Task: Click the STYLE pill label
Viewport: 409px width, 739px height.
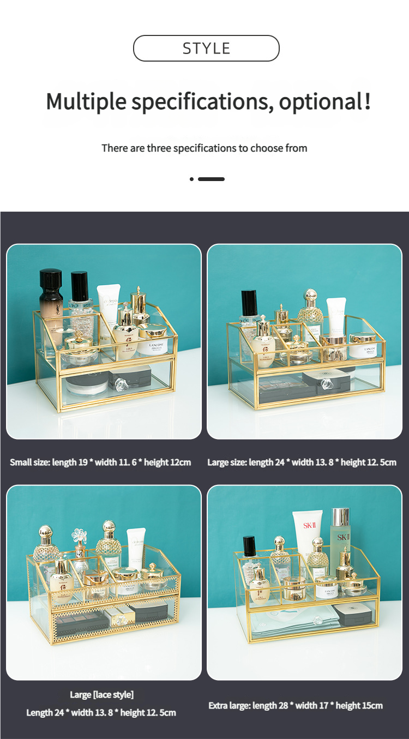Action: point(206,48)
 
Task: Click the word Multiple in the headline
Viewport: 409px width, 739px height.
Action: point(86,101)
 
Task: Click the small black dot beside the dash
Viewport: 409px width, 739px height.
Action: point(191,179)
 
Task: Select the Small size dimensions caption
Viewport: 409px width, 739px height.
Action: point(100,462)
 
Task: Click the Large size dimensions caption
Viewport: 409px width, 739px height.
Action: point(302,462)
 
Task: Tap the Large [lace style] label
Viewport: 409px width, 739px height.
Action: point(101,694)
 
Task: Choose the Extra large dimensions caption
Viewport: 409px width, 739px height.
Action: point(296,706)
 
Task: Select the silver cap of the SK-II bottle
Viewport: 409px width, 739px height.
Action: point(340,517)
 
